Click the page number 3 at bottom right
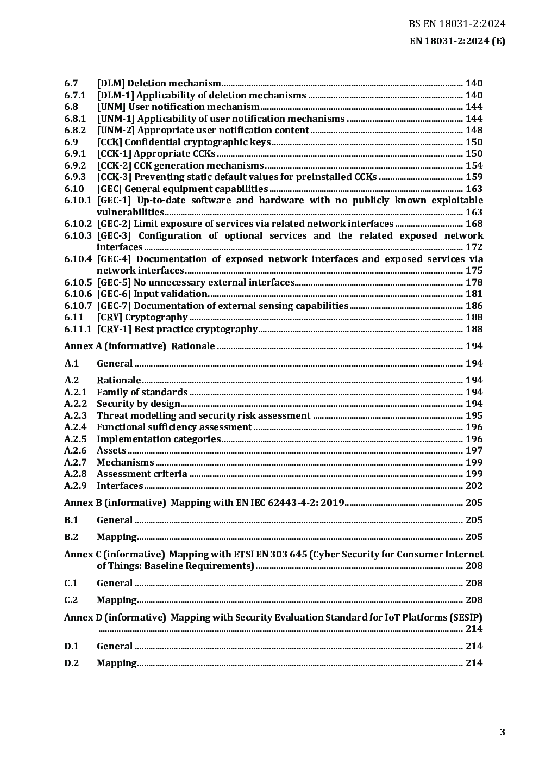point(503,732)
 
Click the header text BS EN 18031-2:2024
point(457,24)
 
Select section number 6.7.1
point(75,95)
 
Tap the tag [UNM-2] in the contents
point(116,130)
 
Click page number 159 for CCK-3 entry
point(474,177)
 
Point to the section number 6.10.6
point(78,294)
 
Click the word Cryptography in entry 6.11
point(156,317)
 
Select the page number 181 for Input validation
point(474,294)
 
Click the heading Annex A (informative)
point(115,346)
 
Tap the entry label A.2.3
point(75,415)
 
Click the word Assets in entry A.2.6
point(111,450)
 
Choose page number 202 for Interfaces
point(474,486)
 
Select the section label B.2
point(71,537)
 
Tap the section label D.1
point(71,646)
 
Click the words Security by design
point(138,404)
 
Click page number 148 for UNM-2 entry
point(474,130)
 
